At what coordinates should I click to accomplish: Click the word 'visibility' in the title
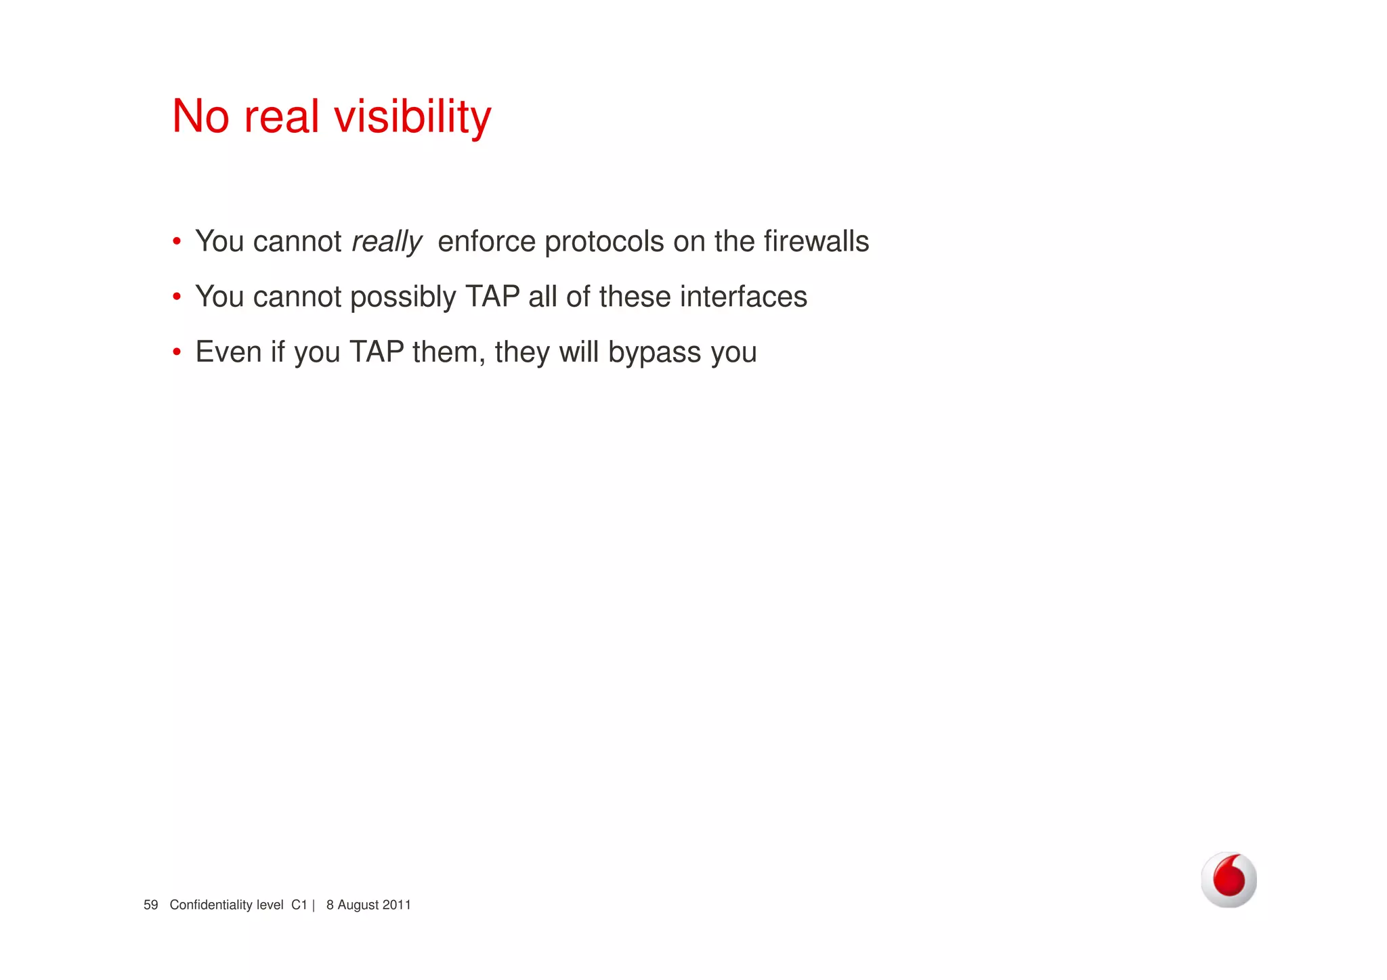coord(412,116)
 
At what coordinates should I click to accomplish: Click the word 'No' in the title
coord(200,116)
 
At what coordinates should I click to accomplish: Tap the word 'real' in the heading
coord(281,116)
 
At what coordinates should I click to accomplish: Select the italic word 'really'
coord(387,242)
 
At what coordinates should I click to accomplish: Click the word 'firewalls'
coord(816,241)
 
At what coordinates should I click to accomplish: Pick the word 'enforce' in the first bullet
coord(486,241)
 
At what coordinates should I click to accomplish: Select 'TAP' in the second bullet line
coord(492,297)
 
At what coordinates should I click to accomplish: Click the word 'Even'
coord(228,352)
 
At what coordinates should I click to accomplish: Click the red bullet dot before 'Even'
coord(177,352)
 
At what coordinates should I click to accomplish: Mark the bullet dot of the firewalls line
coord(177,242)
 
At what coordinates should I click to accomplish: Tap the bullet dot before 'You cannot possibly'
coord(177,297)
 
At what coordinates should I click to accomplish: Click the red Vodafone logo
coord(1229,879)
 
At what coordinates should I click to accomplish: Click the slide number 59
coord(150,905)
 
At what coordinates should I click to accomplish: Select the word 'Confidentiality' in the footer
coord(211,905)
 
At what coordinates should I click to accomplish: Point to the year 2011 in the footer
coord(396,905)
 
